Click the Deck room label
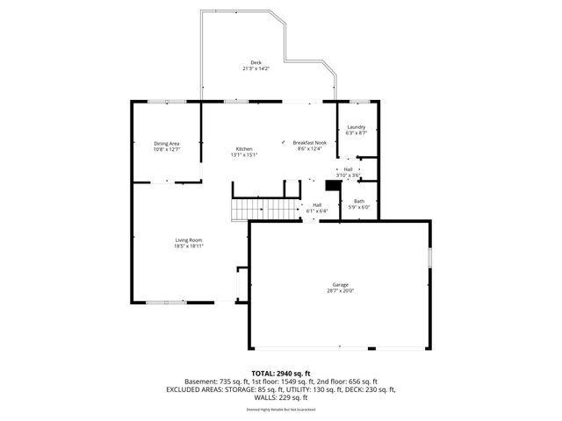tap(256, 62)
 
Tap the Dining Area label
tap(167, 143)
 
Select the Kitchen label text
tap(243, 149)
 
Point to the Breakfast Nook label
tap(310, 143)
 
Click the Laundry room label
tap(356, 127)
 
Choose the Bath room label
tap(359, 201)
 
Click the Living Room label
tap(189, 240)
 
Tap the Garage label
tap(341, 284)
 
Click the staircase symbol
tap(249, 210)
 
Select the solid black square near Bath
tap(332, 185)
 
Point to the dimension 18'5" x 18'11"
tap(189, 246)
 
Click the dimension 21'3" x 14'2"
tap(256, 68)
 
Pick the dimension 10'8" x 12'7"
tap(167, 149)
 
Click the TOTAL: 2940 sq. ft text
tap(281, 374)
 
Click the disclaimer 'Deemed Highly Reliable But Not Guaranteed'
tap(281, 410)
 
